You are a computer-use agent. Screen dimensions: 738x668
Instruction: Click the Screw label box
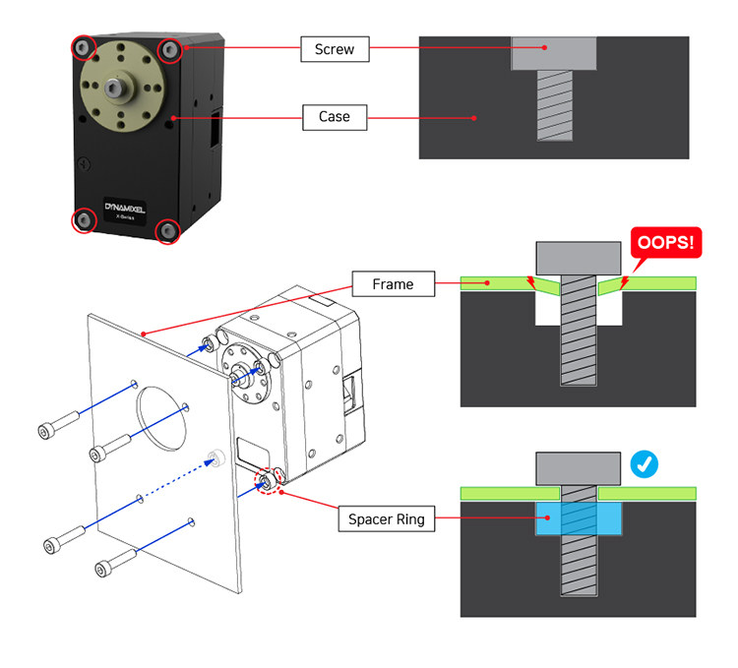[x=335, y=49]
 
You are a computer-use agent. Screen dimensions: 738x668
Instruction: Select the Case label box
[x=335, y=117]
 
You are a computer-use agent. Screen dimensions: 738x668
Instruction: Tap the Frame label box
[x=393, y=283]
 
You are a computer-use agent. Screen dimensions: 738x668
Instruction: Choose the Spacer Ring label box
[x=387, y=518]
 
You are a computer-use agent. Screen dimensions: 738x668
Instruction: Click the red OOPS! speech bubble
[x=665, y=243]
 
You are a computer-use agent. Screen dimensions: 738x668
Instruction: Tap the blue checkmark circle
[x=644, y=464]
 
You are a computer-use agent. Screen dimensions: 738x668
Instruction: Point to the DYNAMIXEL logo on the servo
[x=125, y=208]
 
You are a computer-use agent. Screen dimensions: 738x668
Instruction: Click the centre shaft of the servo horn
[x=114, y=88]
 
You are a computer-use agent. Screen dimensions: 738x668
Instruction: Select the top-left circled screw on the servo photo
[x=84, y=47]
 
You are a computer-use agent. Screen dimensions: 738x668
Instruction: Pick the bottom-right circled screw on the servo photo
[x=167, y=231]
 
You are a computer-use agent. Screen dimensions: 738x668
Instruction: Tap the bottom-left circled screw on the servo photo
[x=84, y=220]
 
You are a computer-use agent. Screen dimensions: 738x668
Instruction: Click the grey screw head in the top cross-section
[x=554, y=54]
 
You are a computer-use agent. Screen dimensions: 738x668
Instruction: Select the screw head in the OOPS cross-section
[x=578, y=259]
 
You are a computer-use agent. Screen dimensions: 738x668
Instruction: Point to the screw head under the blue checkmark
[x=578, y=468]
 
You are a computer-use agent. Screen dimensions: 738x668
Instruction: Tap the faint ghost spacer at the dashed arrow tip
[x=217, y=457]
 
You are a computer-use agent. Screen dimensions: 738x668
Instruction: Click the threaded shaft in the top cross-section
[x=555, y=105]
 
